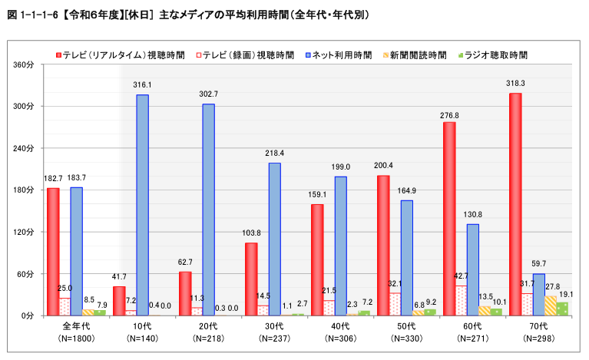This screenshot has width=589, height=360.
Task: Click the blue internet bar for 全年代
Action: click(76, 251)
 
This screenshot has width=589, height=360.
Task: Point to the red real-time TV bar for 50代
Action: click(383, 234)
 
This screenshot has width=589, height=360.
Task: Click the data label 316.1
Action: click(142, 84)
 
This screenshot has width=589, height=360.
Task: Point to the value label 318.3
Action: click(515, 83)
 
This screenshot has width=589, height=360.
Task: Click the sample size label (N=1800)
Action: click(76, 338)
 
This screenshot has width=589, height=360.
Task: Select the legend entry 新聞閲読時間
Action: click(418, 55)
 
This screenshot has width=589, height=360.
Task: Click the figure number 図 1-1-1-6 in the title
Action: click(33, 14)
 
